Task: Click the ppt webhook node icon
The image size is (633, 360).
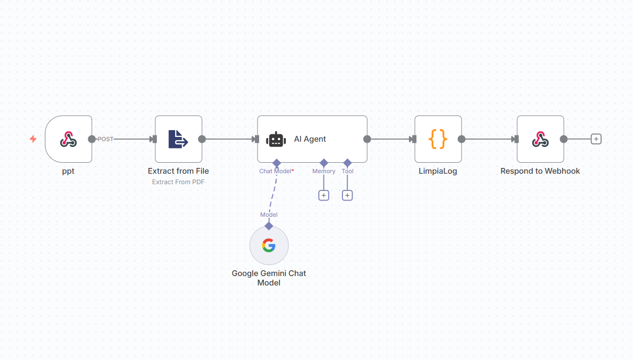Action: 68,139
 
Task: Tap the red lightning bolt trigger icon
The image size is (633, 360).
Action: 33,139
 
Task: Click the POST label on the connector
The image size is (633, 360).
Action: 105,139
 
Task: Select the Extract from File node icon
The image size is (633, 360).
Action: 178,139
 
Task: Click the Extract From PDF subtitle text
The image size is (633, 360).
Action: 178,182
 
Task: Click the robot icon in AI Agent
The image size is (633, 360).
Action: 276,139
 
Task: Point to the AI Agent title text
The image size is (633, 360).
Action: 310,139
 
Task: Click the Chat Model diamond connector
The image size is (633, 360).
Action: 277,163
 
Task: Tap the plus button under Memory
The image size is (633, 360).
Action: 324,195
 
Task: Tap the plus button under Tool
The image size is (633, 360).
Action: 347,195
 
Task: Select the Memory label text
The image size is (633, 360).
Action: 324,171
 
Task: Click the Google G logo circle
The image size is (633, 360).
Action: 269,245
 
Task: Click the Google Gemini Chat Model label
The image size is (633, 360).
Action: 269,278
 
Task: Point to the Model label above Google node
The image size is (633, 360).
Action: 269,215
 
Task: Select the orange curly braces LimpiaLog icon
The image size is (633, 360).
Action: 438,139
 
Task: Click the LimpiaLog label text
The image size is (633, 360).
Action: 438,171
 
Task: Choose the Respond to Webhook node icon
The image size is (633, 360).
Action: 540,139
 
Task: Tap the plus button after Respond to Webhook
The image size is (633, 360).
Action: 596,139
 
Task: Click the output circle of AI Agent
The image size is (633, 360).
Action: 367,139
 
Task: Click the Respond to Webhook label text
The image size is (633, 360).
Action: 540,171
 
